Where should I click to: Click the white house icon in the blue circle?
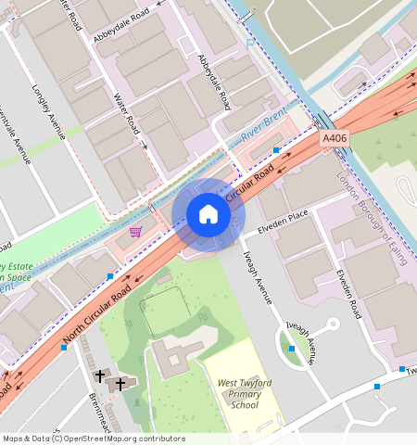(208, 215)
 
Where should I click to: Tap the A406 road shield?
(335, 138)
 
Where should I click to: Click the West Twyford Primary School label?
(245, 393)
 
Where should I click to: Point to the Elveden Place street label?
(284, 216)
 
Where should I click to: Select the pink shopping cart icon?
(136, 231)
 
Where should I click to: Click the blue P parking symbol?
(248, 42)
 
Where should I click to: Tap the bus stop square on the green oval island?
(291, 348)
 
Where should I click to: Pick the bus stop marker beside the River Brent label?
(276, 149)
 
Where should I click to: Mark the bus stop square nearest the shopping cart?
(110, 276)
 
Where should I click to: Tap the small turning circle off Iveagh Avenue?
(333, 324)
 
